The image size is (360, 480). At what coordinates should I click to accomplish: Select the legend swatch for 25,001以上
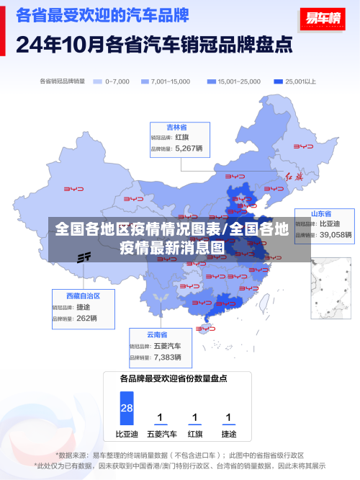277,81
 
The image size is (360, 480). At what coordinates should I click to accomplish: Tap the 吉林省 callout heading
177,126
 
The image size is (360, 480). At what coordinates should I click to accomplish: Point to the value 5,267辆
189,148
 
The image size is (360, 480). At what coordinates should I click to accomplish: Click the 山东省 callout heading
321,214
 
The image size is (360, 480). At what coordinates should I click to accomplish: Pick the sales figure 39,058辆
336,235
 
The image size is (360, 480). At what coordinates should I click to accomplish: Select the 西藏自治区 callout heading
83,295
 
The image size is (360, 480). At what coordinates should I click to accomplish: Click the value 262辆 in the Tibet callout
86,318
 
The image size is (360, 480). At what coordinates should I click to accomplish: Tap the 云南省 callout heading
157,334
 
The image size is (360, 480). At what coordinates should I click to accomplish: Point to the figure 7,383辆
167,357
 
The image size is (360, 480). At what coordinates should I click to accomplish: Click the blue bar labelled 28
127,407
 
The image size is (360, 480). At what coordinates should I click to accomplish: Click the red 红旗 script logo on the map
295,177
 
